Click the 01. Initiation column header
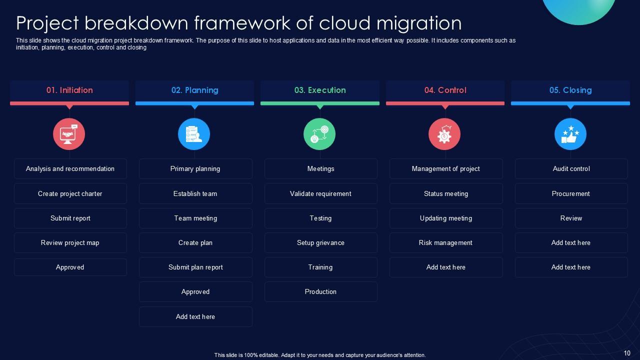pyautogui.click(x=69, y=90)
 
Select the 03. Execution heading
pyautogui.click(x=320, y=90)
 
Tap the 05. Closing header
pyautogui.click(x=570, y=90)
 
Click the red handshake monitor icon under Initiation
pyautogui.click(x=69, y=134)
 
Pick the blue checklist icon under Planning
pyautogui.click(x=194, y=134)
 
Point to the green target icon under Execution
pyautogui.click(x=319, y=134)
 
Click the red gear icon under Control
pyautogui.click(x=444, y=134)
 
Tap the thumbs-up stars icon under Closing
pyautogui.click(x=570, y=134)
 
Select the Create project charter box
pyautogui.click(x=70, y=193)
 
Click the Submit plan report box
pyautogui.click(x=195, y=267)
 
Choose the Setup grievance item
pyautogui.click(x=320, y=242)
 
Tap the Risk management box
pyautogui.click(x=445, y=242)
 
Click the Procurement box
pyautogui.click(x=571, y=193)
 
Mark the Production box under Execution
pyautogui.click(x=320, y=291)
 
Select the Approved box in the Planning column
pyautogui.click(x=195, y=291)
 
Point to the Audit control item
pyautogui.click(x=571, y=169)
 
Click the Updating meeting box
pyautogui.click(x=445, y=218)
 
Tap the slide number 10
pyautogui.click(x=627, y=353)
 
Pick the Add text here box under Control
pyautogui.click(x=445, y=267)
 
